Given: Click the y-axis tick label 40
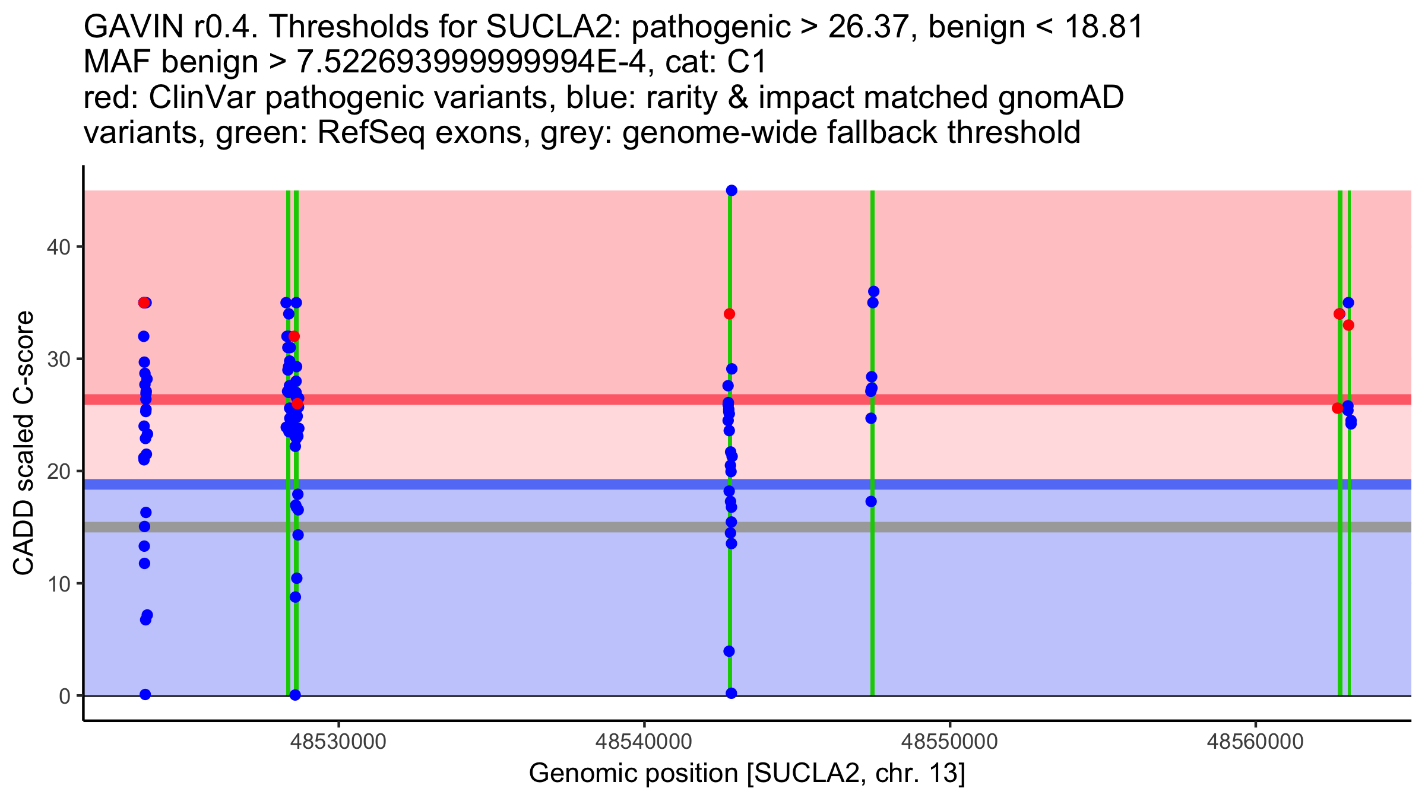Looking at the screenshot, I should [59, 247].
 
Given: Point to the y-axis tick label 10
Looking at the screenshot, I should [59, 584].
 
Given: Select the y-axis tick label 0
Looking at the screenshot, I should [64, 696].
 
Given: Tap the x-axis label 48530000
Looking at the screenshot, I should [338, 741].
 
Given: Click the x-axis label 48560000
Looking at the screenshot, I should [1255, 741].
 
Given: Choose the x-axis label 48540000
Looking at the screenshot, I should [644, 741].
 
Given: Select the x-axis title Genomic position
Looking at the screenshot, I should [747, 773].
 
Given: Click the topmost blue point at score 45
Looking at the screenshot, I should [731, 190].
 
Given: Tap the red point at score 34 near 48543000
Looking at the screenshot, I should [730, 314].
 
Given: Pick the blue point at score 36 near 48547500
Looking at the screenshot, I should [873, 291].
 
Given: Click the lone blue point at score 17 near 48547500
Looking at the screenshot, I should [871, 501].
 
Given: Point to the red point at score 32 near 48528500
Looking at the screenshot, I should [294, 336].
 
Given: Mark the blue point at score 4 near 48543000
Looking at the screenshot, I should [729, 651].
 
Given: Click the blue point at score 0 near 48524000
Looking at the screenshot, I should [145, 694].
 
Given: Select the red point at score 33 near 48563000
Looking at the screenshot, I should [1348, 325].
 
